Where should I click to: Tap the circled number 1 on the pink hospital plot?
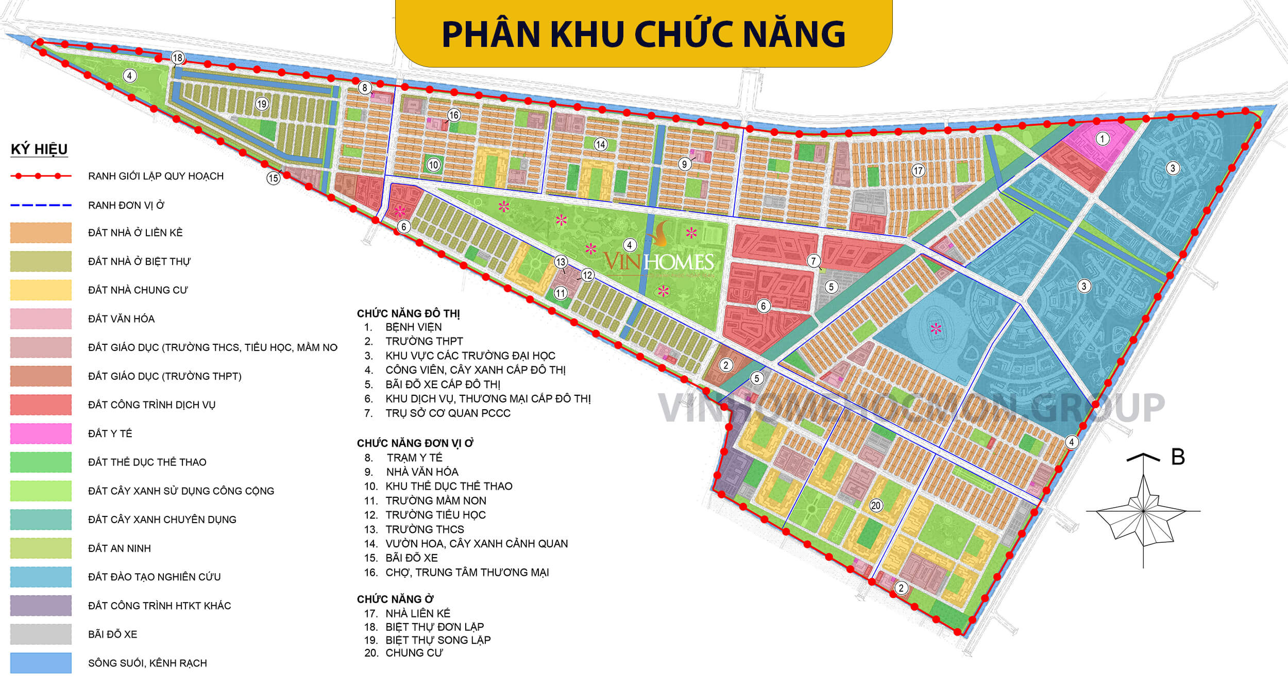click(x=1102, y=139)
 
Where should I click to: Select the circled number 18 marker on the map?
click(x=178, y=58)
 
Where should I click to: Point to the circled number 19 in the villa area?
click(x=262, y=104)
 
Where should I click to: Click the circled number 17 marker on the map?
click(x=918, y=170)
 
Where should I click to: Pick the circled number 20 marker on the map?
click(x=876, y=505)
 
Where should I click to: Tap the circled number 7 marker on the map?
click(x=814, y=261)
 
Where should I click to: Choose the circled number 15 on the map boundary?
click(x=273, y=178)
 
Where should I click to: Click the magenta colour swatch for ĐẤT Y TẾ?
click(x=41, y=433)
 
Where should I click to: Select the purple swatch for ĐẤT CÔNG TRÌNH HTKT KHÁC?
click(x=41, y=606)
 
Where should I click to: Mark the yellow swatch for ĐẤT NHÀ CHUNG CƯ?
click(x=41, y=290)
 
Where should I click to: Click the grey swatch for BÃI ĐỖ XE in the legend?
click(x=41, y=634)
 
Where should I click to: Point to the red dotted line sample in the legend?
click(x=41, y=176)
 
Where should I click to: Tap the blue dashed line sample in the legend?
click(x=41, y=205)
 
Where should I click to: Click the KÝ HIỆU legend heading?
click(x=39, y=149)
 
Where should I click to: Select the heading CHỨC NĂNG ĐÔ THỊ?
click(x=409, y=313)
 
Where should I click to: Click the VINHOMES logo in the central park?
click(x=659, y=260)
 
